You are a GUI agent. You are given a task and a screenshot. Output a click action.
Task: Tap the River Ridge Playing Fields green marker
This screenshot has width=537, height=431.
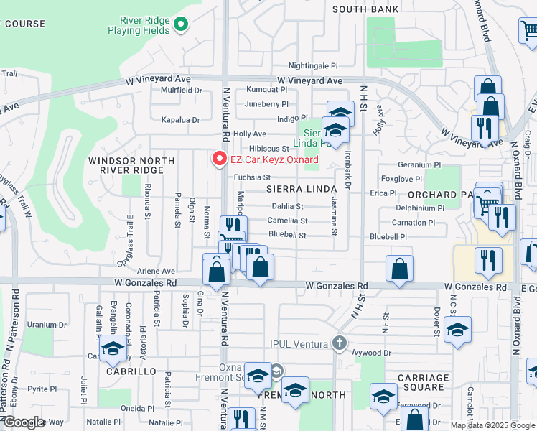tap(181, 25)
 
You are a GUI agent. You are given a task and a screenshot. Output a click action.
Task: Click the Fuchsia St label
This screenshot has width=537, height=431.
tap(251, 177)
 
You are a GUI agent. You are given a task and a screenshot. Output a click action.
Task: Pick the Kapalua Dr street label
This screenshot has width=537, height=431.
tap(179, 119)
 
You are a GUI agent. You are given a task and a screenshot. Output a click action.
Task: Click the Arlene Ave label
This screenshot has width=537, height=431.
tap(157, 271)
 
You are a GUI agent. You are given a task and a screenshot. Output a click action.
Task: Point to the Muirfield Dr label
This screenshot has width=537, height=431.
tap(182, 91)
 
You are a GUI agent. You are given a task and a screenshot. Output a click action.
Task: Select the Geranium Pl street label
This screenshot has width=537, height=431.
tap(419, 164)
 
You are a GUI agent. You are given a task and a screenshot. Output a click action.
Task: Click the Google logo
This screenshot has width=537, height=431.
tap(23, 423)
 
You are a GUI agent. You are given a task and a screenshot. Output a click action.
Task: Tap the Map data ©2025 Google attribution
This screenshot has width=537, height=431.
tap(492, 425)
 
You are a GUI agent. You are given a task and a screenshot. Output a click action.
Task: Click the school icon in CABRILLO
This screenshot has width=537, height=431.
tap(113, 349)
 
